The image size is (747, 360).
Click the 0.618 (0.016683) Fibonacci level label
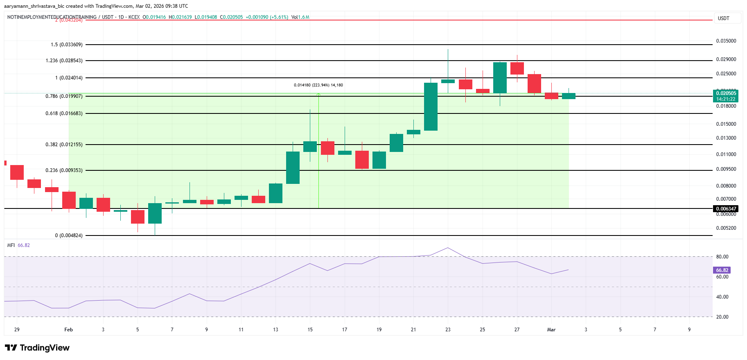64,113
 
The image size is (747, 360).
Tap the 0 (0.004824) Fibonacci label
69,235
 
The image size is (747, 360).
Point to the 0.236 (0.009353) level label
64,170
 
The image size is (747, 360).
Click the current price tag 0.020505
726,93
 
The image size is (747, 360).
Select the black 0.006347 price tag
726,209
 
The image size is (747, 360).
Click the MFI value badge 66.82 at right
722,270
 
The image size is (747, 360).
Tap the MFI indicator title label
11,245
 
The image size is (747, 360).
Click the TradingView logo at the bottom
37,348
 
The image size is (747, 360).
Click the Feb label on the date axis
68,330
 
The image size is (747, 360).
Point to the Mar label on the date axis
551,330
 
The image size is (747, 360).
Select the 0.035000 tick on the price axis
726,41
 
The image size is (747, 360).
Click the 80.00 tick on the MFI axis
722,257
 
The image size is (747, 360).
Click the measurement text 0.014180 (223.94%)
318,85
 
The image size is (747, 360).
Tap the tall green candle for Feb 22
431,106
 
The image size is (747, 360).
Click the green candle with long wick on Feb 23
448,81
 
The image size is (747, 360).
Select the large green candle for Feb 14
293,168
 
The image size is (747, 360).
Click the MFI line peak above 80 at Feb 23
448,248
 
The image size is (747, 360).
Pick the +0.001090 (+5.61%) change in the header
266,17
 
